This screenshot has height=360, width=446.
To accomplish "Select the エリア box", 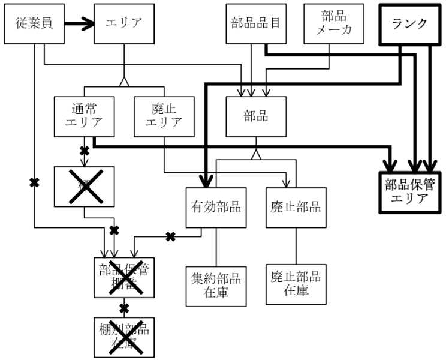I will (x=124, y=25).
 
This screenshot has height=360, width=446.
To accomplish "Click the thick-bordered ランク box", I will (x=410, y=25).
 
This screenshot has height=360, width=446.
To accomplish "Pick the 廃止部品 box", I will (x=293, y=208).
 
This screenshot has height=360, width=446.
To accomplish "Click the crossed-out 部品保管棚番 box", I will (x=124, y=277).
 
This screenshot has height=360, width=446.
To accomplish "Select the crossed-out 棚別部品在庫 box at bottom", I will (x=124, y=336).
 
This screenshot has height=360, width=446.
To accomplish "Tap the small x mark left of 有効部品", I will (x=171, y=236).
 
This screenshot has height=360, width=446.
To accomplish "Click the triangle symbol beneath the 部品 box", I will (x=256, y=154).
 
